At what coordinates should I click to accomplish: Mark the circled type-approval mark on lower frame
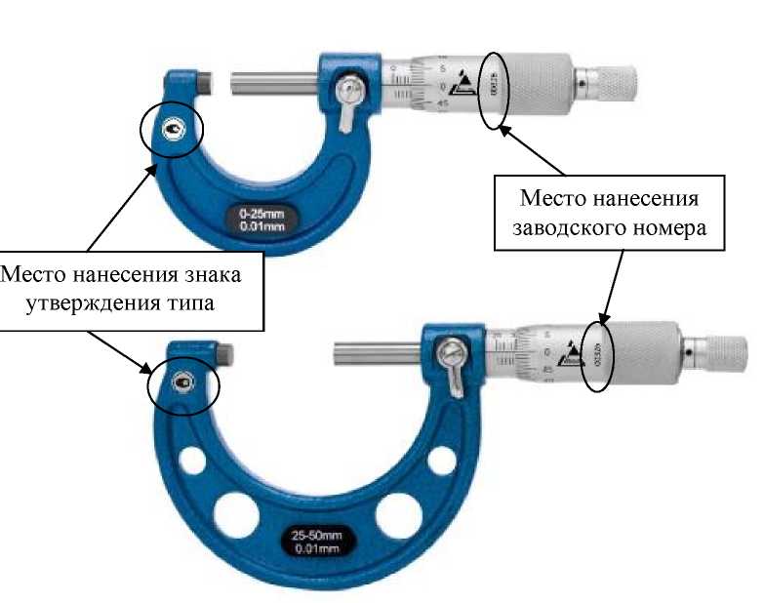(x=181, y=383)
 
